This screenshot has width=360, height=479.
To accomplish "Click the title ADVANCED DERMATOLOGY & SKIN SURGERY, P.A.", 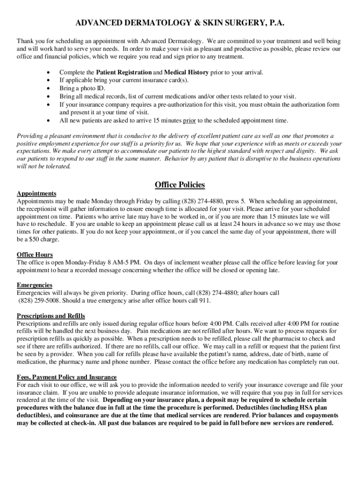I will coord(180,23).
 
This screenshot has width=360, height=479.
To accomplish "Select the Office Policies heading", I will coord(180,185).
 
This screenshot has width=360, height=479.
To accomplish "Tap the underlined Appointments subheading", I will coord(36,194).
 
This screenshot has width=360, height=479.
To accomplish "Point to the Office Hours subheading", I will coord(35,254).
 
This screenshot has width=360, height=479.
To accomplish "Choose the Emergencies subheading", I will coord(35,285).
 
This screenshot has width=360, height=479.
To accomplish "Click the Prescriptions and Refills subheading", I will coord(51,316).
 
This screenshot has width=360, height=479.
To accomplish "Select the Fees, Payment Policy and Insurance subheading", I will coord(67,377).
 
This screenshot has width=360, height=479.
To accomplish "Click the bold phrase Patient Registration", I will coord(124,73).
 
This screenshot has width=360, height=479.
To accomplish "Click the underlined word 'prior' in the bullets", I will coord(189,120).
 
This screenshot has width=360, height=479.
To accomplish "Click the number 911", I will coord(204,300).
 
